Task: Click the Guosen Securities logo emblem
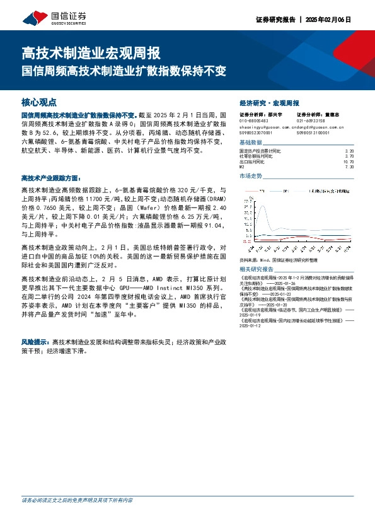pos(29,17)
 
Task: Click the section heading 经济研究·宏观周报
pos(269,103)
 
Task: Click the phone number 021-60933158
pos(311,121)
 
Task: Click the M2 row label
pos(242,167)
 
